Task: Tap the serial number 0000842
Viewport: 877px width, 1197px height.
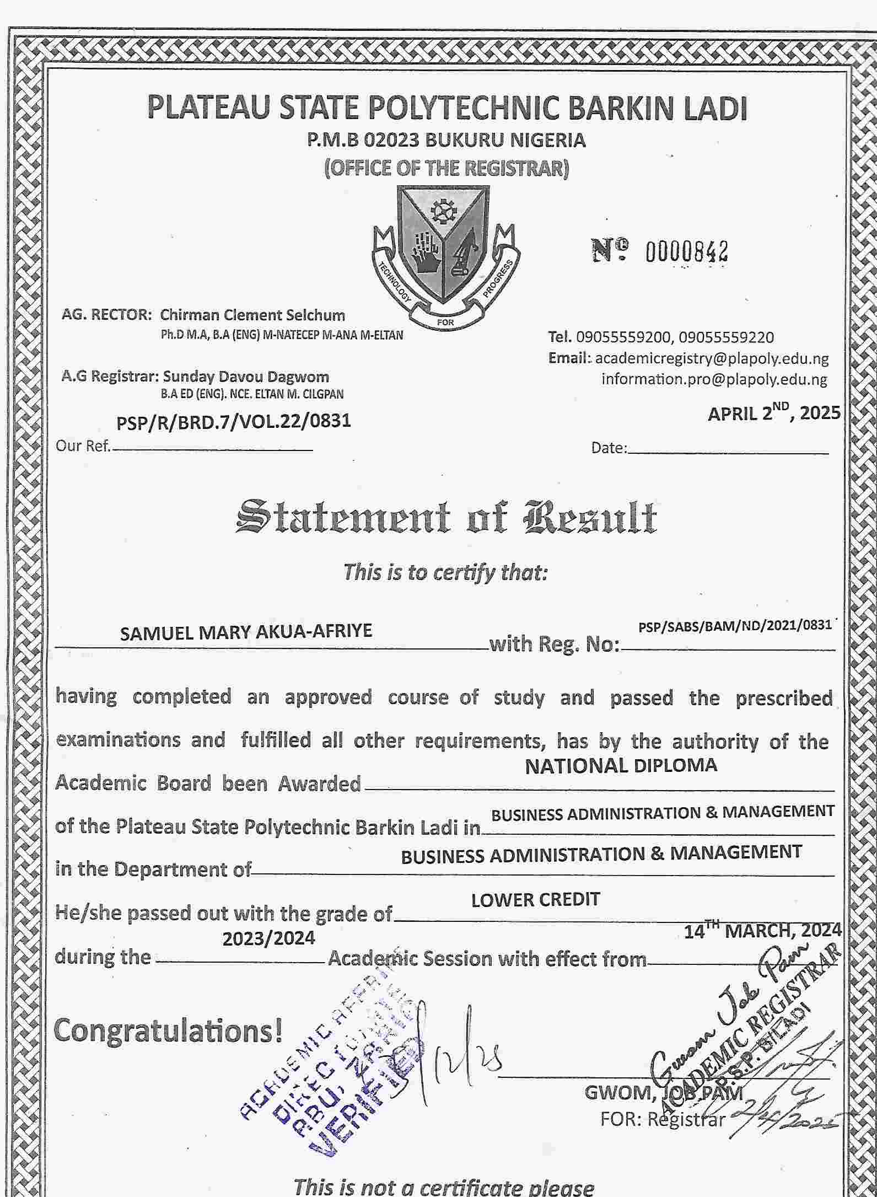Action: pos(686,252)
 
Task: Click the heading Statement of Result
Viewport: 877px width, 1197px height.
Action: pos(446,518)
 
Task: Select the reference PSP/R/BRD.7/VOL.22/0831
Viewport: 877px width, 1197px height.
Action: pos(233,422)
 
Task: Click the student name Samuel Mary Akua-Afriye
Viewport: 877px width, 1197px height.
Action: pos(246,631)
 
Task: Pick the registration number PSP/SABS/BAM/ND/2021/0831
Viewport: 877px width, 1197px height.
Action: pos(735,625)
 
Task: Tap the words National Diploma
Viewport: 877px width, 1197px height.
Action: pos(621,766)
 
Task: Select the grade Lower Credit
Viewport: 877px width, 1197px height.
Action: pos(535,900)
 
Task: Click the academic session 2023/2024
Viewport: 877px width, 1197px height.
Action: pos(268,938)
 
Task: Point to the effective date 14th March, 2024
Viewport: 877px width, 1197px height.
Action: pos(763,931)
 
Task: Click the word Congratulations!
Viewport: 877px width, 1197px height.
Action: pos(169,1031)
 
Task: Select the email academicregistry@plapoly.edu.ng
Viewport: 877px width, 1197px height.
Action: pos(712,358)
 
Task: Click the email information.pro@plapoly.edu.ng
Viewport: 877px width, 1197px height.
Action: pos(714,379)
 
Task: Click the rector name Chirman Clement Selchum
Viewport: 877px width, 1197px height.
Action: pos(252,315)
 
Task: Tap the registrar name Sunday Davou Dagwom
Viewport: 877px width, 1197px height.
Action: pos(246,377)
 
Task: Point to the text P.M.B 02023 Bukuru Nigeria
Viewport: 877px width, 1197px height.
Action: pos(446,140)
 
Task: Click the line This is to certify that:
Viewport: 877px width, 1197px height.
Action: pos(445,572)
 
